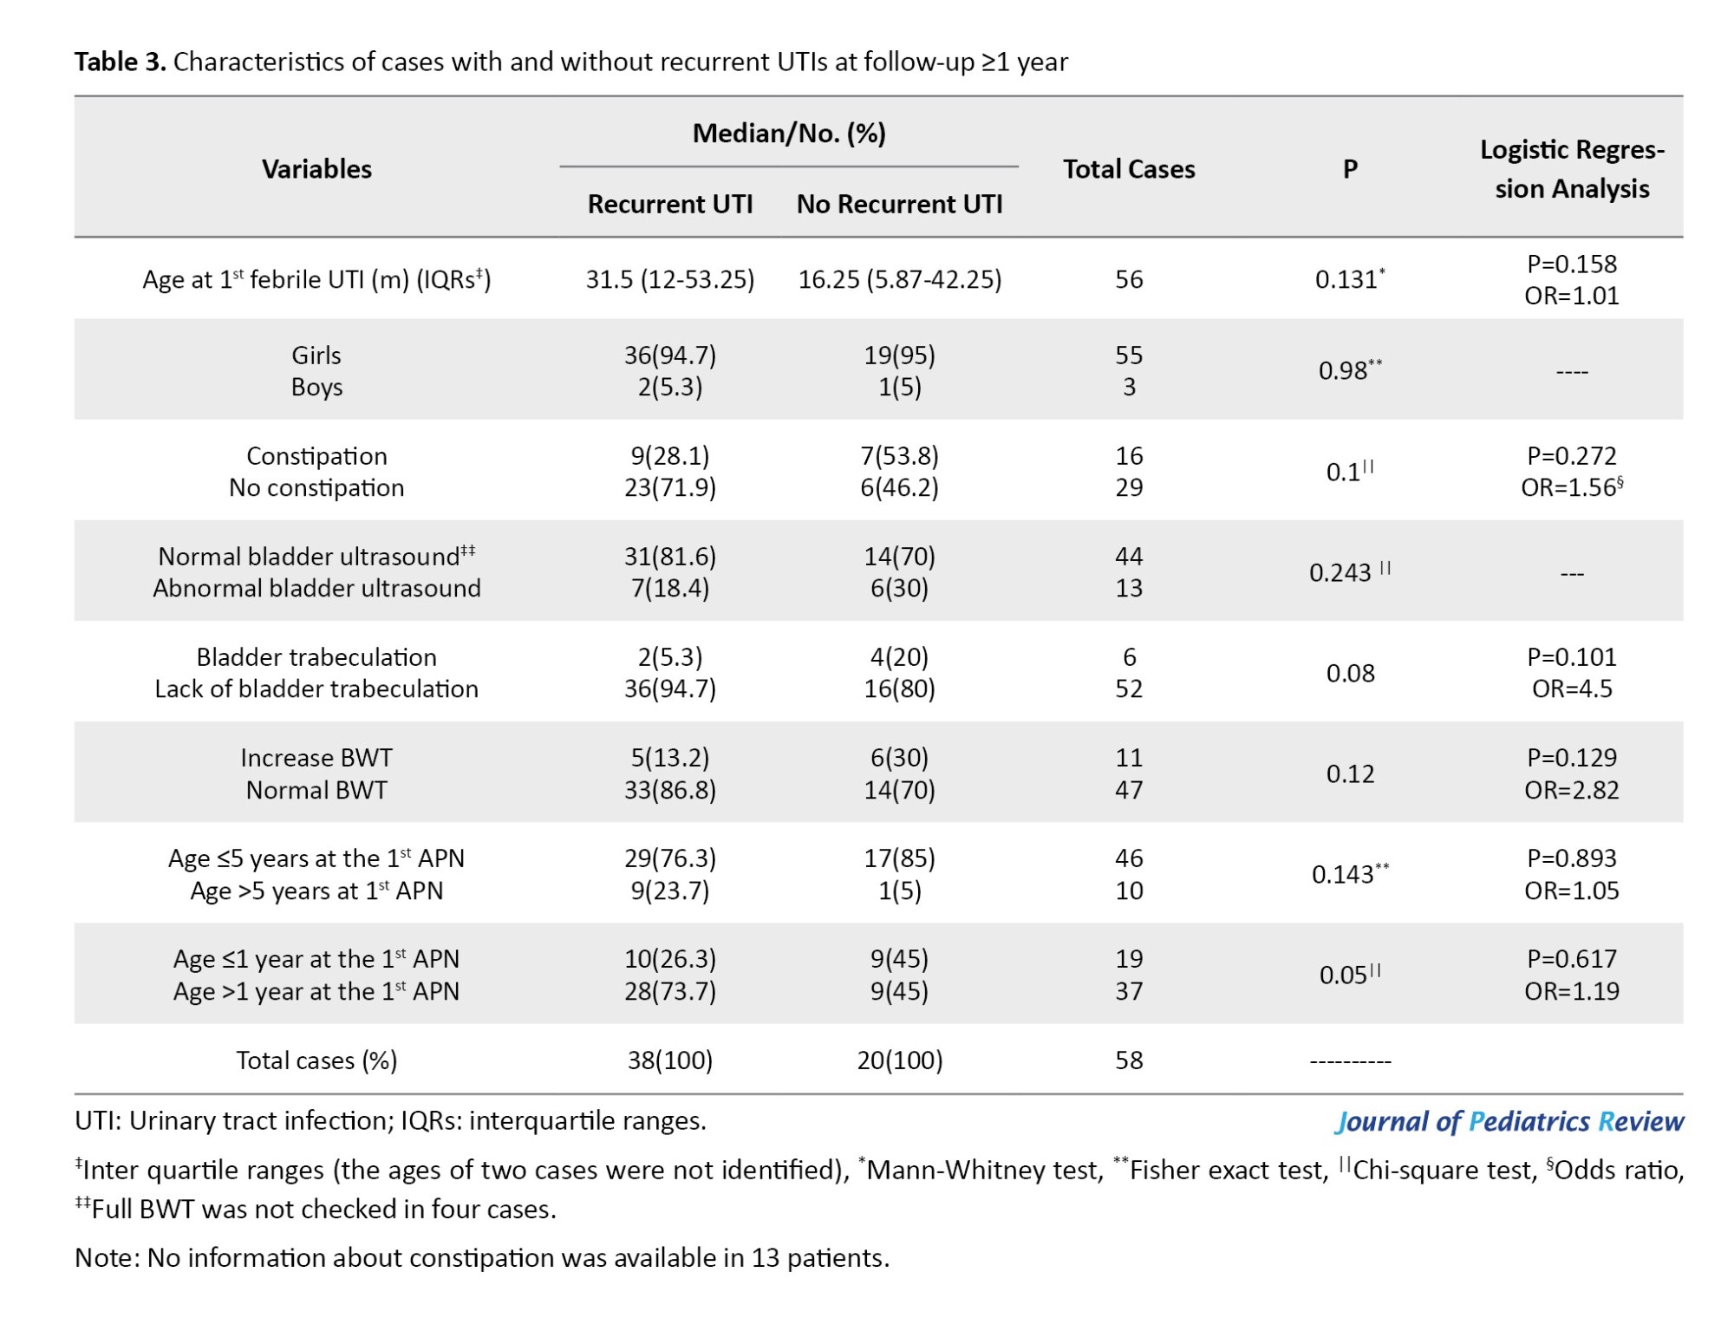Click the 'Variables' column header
coord(316,169)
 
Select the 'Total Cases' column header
coord(1129,169)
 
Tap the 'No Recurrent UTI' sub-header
coord(899,204)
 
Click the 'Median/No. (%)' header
coord(789,134)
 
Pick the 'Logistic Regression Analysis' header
coord(1572,169)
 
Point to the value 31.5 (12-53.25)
coord(670,279)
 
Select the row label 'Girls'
coord(316,356)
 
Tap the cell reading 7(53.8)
coord(900,456)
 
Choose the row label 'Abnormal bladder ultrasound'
coord(316,588)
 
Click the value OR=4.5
coord(1572,689)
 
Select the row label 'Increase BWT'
coord(316,758)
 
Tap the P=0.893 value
coord(1572,858)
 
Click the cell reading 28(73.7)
coord(670,991)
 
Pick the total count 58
coord(1129,1060)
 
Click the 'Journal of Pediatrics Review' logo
coord(1509,1122)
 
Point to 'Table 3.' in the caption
coord(120,62)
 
